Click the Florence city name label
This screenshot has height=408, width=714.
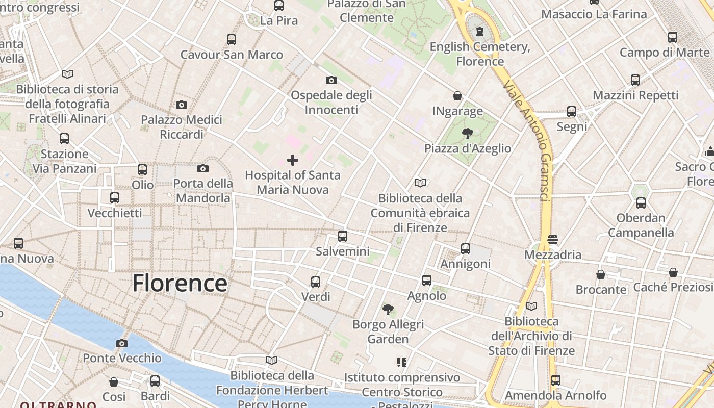180,283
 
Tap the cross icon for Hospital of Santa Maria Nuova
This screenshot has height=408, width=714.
293,160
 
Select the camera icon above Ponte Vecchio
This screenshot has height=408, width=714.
121,343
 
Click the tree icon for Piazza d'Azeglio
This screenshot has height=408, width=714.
467,134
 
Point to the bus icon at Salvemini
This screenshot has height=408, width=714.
343,236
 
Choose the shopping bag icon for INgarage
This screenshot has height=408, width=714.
457,96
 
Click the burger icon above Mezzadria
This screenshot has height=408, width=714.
553,240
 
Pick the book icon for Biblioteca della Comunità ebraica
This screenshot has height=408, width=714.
420,183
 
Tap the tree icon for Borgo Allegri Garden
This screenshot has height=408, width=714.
388,309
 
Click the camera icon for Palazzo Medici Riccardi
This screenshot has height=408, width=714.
181,105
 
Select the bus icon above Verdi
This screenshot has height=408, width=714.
316,282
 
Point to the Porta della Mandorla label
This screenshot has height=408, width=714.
203,190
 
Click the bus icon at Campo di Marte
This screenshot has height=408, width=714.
673,37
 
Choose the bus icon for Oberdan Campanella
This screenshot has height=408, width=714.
641,203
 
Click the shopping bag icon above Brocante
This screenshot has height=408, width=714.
601,274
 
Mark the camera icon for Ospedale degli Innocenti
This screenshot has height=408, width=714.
331,80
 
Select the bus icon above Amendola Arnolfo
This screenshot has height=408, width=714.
556,380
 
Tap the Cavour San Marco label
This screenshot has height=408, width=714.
232,55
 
